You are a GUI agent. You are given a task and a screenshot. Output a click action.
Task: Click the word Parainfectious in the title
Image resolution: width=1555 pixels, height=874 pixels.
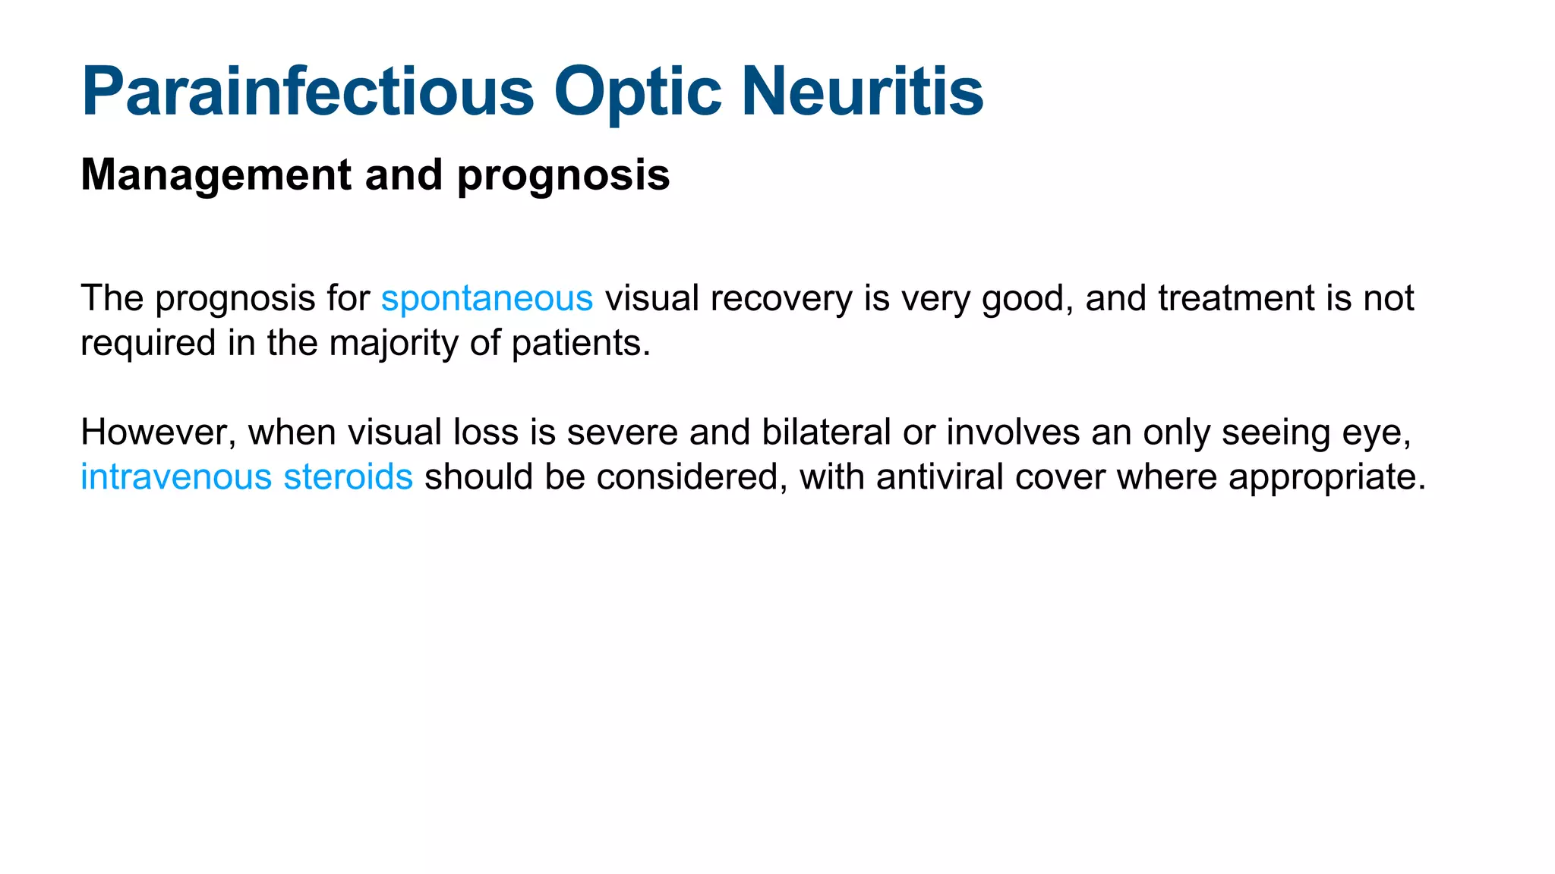pos(308,92)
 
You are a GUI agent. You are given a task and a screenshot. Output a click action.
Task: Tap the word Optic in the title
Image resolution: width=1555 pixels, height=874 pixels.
pos(637,92)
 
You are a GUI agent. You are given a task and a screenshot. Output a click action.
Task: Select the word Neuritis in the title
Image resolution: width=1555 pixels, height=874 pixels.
pos(862,92)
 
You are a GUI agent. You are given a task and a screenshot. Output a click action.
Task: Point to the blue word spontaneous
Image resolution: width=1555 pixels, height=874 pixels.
pos(487,299)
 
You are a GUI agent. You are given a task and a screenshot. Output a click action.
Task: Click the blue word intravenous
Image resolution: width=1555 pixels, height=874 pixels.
pos(176,477)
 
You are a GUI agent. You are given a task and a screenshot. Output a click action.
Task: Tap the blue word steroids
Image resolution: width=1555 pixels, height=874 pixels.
pos(348,477)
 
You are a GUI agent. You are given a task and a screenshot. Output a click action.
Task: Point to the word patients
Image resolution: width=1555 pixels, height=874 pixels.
pos(580,344)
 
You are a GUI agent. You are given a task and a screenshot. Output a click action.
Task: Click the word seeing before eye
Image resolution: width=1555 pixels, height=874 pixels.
pos(1275,433)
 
